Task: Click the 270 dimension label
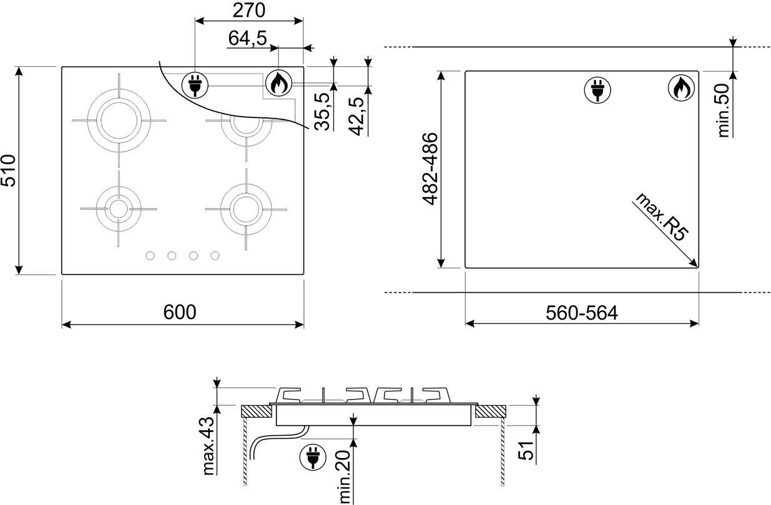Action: (249, 11)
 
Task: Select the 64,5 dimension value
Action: (247, 38)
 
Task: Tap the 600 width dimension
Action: (180, 312)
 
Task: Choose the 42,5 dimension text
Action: (356, 116)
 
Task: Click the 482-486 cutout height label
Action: (430, 169)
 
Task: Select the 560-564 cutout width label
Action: (582, 313)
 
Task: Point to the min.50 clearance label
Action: (724, 110)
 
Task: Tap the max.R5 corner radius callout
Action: (662, 217)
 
